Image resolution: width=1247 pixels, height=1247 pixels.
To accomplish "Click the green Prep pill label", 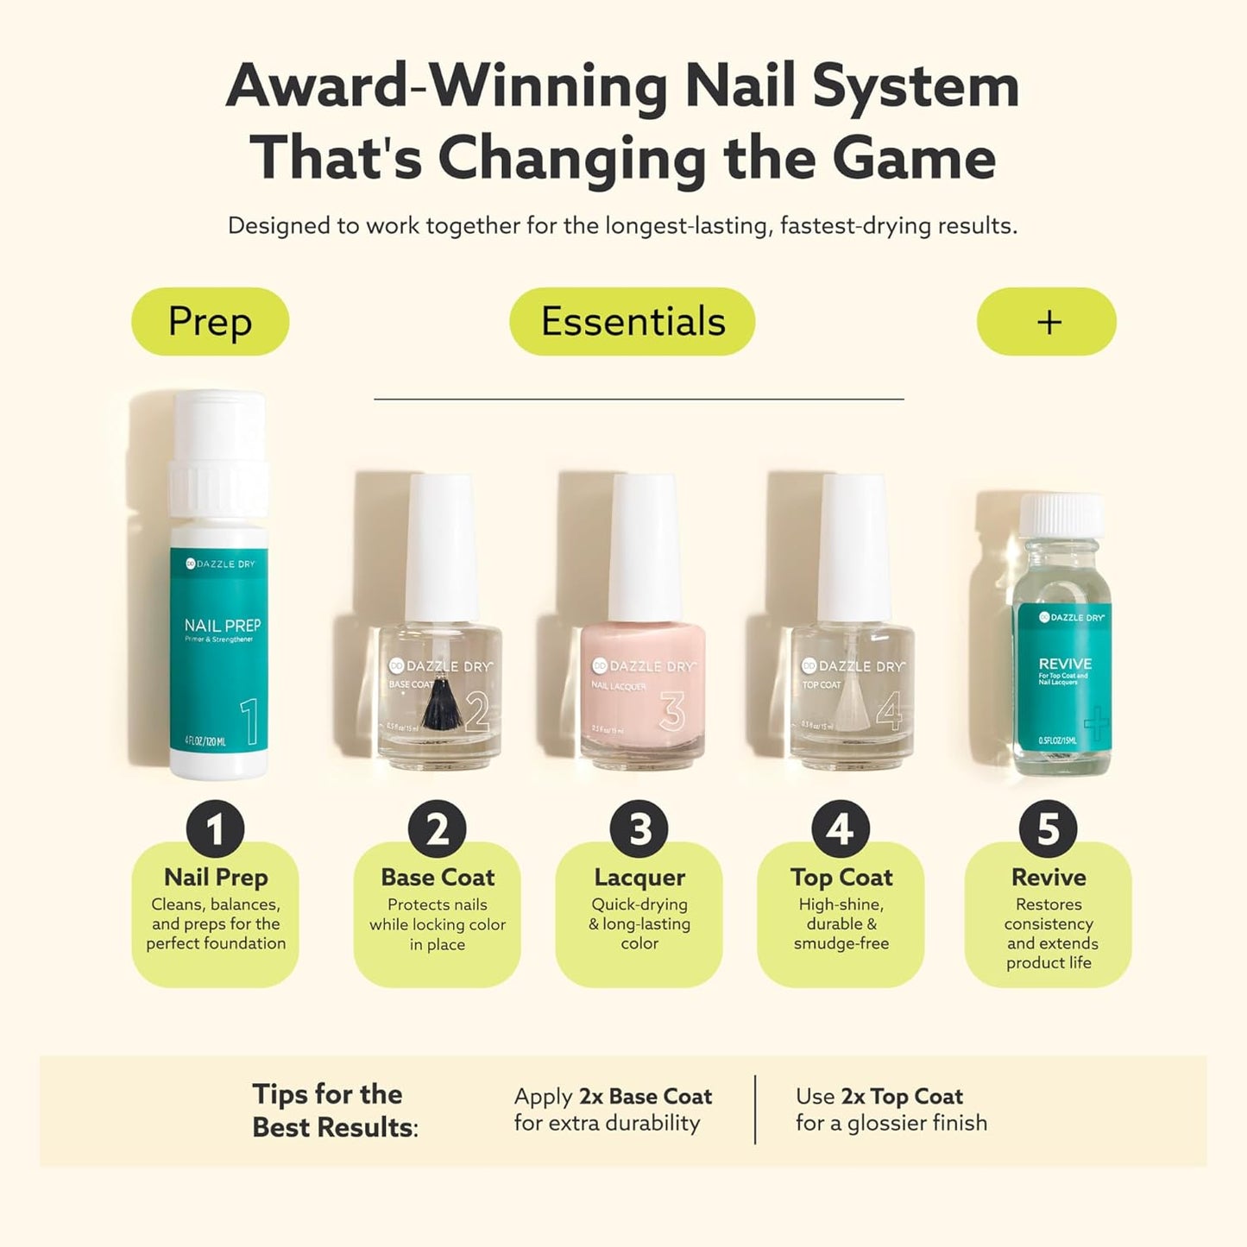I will point(210,322).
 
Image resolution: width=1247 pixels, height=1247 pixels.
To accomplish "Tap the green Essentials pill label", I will point(632,322).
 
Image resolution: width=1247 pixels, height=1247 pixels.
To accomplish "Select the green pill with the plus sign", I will point(1046,322).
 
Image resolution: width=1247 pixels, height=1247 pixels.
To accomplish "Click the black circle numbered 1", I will point(215,829).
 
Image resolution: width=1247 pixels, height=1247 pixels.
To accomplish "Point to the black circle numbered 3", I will point(639,829).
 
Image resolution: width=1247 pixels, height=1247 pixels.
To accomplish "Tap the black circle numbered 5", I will point(1048,829).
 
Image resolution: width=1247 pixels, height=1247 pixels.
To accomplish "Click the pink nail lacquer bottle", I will point(642,690).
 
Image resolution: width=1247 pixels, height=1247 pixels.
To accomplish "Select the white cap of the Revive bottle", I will point(1061,515).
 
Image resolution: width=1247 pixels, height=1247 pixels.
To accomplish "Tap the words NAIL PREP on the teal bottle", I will point(222,626).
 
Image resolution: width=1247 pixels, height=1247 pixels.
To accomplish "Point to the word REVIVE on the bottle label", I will point(1065,664).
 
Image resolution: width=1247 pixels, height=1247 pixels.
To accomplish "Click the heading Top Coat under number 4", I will point(841,878).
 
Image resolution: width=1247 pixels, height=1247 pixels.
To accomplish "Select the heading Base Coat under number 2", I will point(438,878).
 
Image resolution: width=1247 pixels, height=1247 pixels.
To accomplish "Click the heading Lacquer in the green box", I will point(639,878).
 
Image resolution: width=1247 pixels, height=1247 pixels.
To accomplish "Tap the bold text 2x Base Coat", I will point(646,1096).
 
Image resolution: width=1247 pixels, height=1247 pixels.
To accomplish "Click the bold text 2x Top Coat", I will point(902,1096).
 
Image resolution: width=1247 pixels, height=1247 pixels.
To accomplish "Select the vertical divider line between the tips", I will point(755,1109).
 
